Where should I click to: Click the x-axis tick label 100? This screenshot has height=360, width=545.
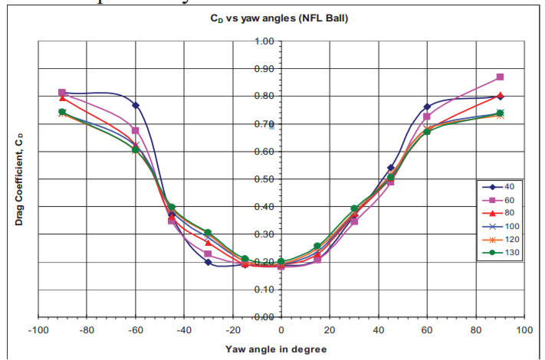point(524,332)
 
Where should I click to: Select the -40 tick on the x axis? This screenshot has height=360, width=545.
point(184,332)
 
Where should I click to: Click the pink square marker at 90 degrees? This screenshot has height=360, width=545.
point(500,77)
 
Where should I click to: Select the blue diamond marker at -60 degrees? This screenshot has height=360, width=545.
point(136,105)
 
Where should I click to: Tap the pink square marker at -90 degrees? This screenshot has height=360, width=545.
point(62,93)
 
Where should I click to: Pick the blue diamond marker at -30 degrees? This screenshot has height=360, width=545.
point(208,262)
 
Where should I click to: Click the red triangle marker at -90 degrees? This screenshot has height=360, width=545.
point(62,98)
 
